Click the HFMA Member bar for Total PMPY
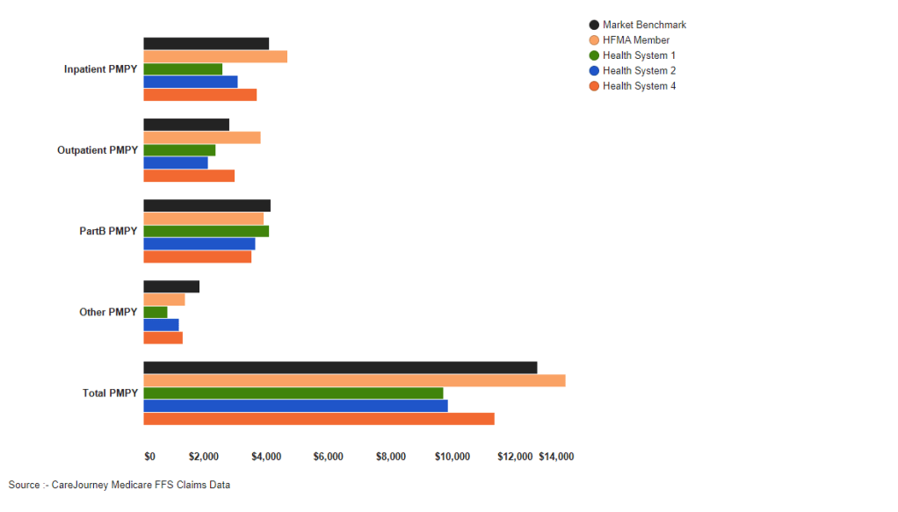[354, 380]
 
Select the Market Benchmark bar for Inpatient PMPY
[206, 43]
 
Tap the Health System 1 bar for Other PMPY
[156, 312]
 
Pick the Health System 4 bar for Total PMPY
[319, 419]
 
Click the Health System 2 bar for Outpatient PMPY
[176, 162]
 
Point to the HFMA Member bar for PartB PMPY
[203, 219]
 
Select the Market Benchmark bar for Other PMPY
[171, 286]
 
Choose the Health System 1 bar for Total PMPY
[293, 393]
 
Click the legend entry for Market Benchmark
[644, 25]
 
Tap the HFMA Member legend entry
[635, 40]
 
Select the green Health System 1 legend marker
[594, 55]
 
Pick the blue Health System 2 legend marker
[594, 70]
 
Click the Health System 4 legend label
[639, 86]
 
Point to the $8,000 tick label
[390, 457]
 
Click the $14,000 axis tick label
[556, 457]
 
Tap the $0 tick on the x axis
[149, 457]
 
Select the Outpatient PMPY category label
[98, 150]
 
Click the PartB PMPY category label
[109, 231]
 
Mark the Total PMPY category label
[110, 393]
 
